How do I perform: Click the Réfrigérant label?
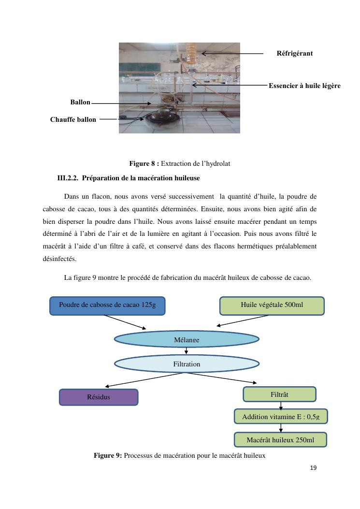294,54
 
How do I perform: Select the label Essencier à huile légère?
304,86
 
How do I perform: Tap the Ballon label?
80,102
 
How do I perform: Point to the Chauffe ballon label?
73,119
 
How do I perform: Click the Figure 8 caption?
179,164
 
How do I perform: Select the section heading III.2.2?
129,178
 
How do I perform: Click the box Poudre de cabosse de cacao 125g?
107,305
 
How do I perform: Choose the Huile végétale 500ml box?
272,305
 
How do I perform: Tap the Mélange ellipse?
187,339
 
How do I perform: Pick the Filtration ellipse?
187,364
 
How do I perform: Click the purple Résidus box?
99,397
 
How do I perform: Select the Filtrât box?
279,394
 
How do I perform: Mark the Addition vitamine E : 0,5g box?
281,417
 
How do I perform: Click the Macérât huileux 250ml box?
280,440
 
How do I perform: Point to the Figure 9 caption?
179,455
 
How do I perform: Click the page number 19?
313,468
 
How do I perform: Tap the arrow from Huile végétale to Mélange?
243,320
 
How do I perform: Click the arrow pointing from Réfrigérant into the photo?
232,53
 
